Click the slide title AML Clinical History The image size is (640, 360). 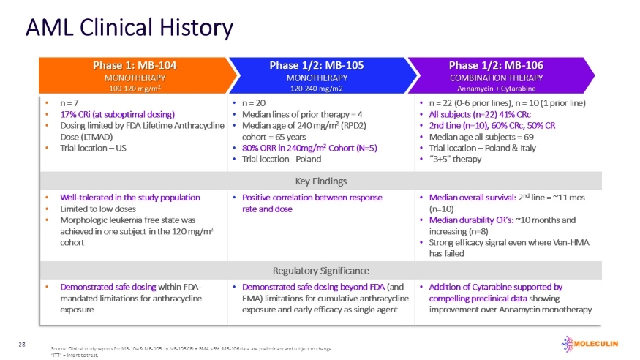pos(129,28)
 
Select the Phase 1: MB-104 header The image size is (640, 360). pos(135,65)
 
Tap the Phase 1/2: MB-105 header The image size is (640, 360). pos(316,65)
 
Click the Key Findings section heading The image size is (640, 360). pos(320,181)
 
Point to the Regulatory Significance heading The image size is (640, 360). pos(320,271)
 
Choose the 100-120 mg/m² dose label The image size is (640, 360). pos(135,89)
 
